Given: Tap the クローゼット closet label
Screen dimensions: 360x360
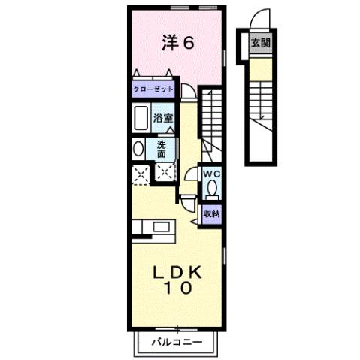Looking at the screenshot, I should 153,89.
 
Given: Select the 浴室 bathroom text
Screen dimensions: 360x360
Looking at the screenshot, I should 164,118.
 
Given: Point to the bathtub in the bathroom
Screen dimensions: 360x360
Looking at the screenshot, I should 140,118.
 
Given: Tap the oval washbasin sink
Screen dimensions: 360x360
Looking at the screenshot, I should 138,148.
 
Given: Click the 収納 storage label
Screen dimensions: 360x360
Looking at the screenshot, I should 211,213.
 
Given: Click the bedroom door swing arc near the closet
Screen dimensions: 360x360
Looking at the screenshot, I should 188,92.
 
